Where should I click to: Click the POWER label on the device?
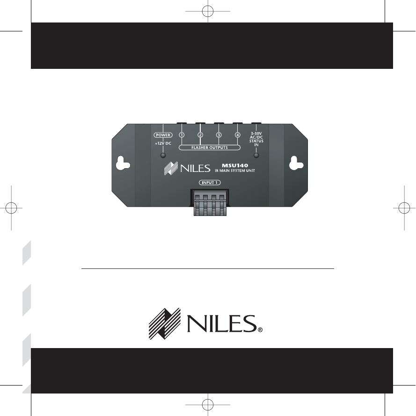(163, 135)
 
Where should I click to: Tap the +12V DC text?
(163, 143)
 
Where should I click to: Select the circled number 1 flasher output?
(182, 135)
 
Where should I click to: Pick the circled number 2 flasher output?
(200, 135)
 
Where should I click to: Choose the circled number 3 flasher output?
(219, 135)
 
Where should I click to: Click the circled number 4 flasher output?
(237, 135)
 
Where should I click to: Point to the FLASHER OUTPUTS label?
(210, 148)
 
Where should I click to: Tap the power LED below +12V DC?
(163, 156)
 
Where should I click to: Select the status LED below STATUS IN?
(256, 156)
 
